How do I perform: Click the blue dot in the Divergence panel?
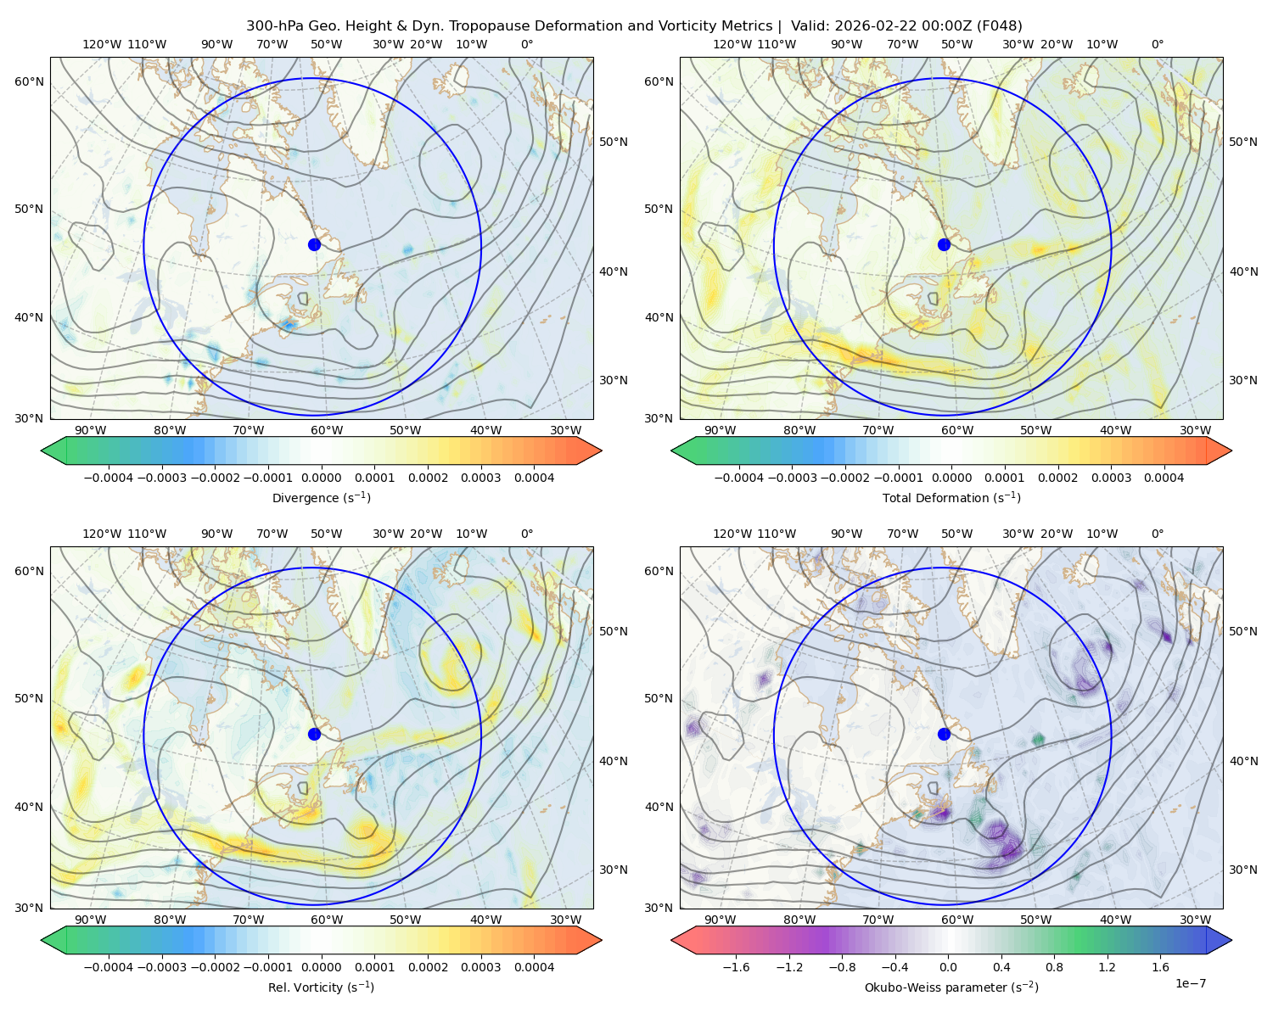point(314,244)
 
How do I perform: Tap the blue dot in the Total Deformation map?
point(944,244)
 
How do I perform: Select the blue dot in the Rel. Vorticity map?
point(314,734)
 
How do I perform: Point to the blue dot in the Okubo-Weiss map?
point(944,734)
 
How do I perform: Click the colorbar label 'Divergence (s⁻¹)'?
point(321,497)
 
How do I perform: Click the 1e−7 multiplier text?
point(1190,983)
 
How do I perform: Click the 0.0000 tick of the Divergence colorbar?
point(321,478)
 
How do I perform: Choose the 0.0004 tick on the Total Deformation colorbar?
point(1164,478)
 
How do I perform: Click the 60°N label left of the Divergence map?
point(29,81)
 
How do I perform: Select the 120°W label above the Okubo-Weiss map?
point(732,534)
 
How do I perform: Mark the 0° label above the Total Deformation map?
point(1157,44)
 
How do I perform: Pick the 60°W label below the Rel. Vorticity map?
point(327,920)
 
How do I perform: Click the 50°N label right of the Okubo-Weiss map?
point(1242,631)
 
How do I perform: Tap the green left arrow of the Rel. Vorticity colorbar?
point(53,940)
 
